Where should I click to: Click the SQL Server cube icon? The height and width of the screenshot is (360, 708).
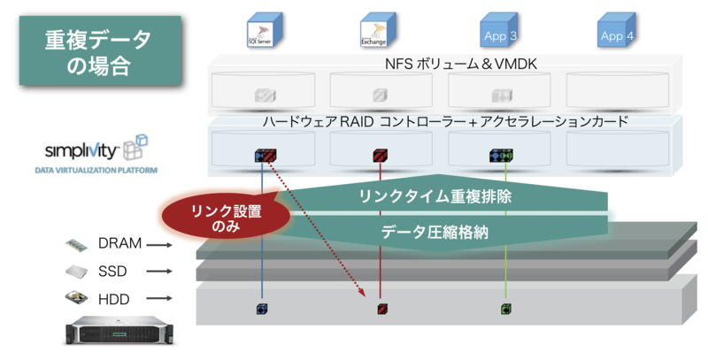point(263,30)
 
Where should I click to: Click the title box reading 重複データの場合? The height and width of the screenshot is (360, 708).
point(98,50)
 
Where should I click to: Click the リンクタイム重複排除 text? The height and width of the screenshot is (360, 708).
point(435,196)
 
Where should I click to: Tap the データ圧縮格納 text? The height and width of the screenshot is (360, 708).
point(435,233)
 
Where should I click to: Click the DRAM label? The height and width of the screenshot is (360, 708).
point(119,243)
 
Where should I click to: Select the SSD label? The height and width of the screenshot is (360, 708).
point(113,271)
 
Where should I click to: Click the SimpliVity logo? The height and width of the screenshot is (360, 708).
point(92,149)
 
